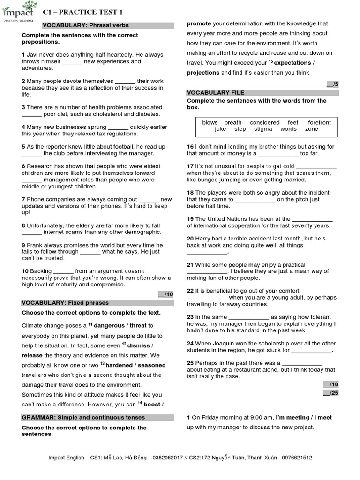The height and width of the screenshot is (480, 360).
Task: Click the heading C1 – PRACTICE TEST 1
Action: point(82,11)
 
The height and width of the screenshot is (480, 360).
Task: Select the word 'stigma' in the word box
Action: point(262,129)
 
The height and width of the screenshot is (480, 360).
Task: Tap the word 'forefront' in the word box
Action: point(319,122)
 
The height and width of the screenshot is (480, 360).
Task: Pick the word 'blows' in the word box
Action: point(210,122)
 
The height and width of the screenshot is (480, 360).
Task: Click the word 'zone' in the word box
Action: point(311,129)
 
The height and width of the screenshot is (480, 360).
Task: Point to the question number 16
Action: point(190,147)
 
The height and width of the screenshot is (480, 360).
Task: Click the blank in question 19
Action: point(312,218)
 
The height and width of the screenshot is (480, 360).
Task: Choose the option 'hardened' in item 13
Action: point(120,365)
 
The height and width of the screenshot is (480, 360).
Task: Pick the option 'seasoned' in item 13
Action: point(152,365)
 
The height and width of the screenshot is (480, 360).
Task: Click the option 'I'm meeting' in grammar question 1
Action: point(292,417)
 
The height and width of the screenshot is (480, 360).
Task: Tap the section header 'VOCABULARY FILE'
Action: point(216,93)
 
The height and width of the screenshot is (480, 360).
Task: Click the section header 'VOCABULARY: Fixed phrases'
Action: point(65,303)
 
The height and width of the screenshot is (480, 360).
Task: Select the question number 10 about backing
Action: point(25,271)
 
